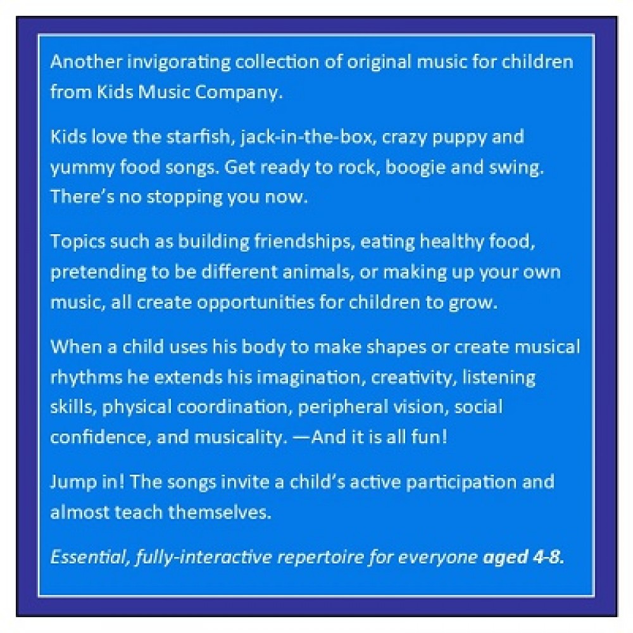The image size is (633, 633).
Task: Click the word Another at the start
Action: (86, 62)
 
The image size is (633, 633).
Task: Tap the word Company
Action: (239, 93)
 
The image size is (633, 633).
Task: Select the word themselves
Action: (220, 512)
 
